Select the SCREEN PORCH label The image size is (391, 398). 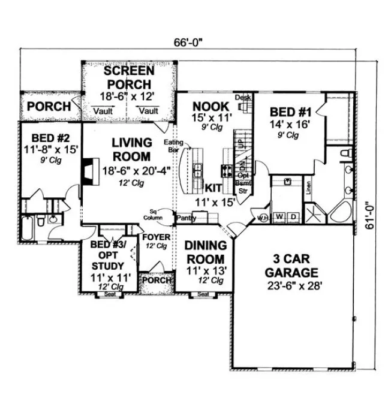[127, 77]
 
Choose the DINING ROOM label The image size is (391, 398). [205, 252]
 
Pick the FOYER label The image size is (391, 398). [156, 237]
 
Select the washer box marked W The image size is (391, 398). [279, 215]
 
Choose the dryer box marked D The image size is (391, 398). [293, 215]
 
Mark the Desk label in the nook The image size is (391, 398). [242, 98]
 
